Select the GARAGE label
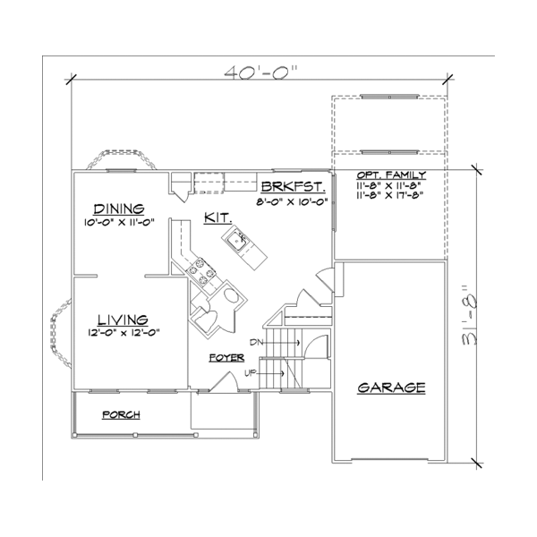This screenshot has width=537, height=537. (x=390, y=388)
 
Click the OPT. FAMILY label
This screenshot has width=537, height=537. (x=390, y=175)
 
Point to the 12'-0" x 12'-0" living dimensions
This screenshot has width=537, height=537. (x=122, y=334)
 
